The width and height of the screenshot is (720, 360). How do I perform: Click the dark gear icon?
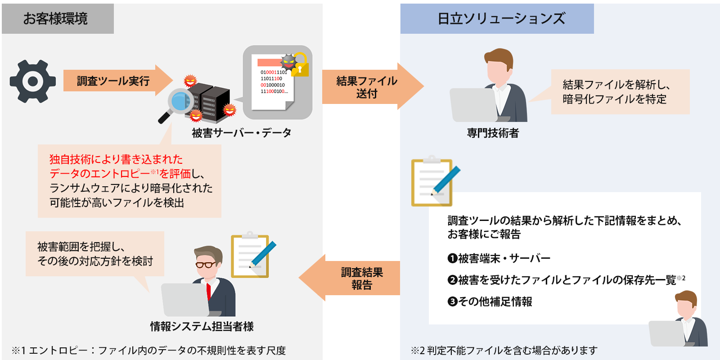click(x=33, y=81)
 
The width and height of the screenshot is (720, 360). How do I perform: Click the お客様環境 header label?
click(x=55, y=19)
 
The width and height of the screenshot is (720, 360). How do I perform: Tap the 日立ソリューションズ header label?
click(x=501, y=19)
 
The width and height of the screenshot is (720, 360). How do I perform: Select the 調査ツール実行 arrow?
click(x=115, y=81)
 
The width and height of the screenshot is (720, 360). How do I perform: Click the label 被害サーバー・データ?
click(x=242, y=133)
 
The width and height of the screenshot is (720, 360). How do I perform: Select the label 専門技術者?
click(x=493, y=133)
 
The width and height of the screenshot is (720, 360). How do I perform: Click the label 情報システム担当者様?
click(x=202, y=326)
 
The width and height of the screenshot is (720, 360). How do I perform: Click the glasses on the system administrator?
click(x=205, y=265)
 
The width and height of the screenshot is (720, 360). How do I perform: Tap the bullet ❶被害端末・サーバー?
click(x=499, y=258)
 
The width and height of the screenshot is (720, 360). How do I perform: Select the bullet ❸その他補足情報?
click(x=490, y=301)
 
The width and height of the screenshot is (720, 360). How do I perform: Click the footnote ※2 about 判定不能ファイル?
click(x=504, y=350)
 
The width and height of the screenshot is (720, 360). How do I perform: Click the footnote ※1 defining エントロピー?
click(x=148, y=350)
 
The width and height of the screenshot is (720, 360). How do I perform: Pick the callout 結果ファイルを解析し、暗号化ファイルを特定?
click(x=620, y=92)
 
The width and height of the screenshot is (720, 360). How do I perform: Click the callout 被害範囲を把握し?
click(x=95, y=254)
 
